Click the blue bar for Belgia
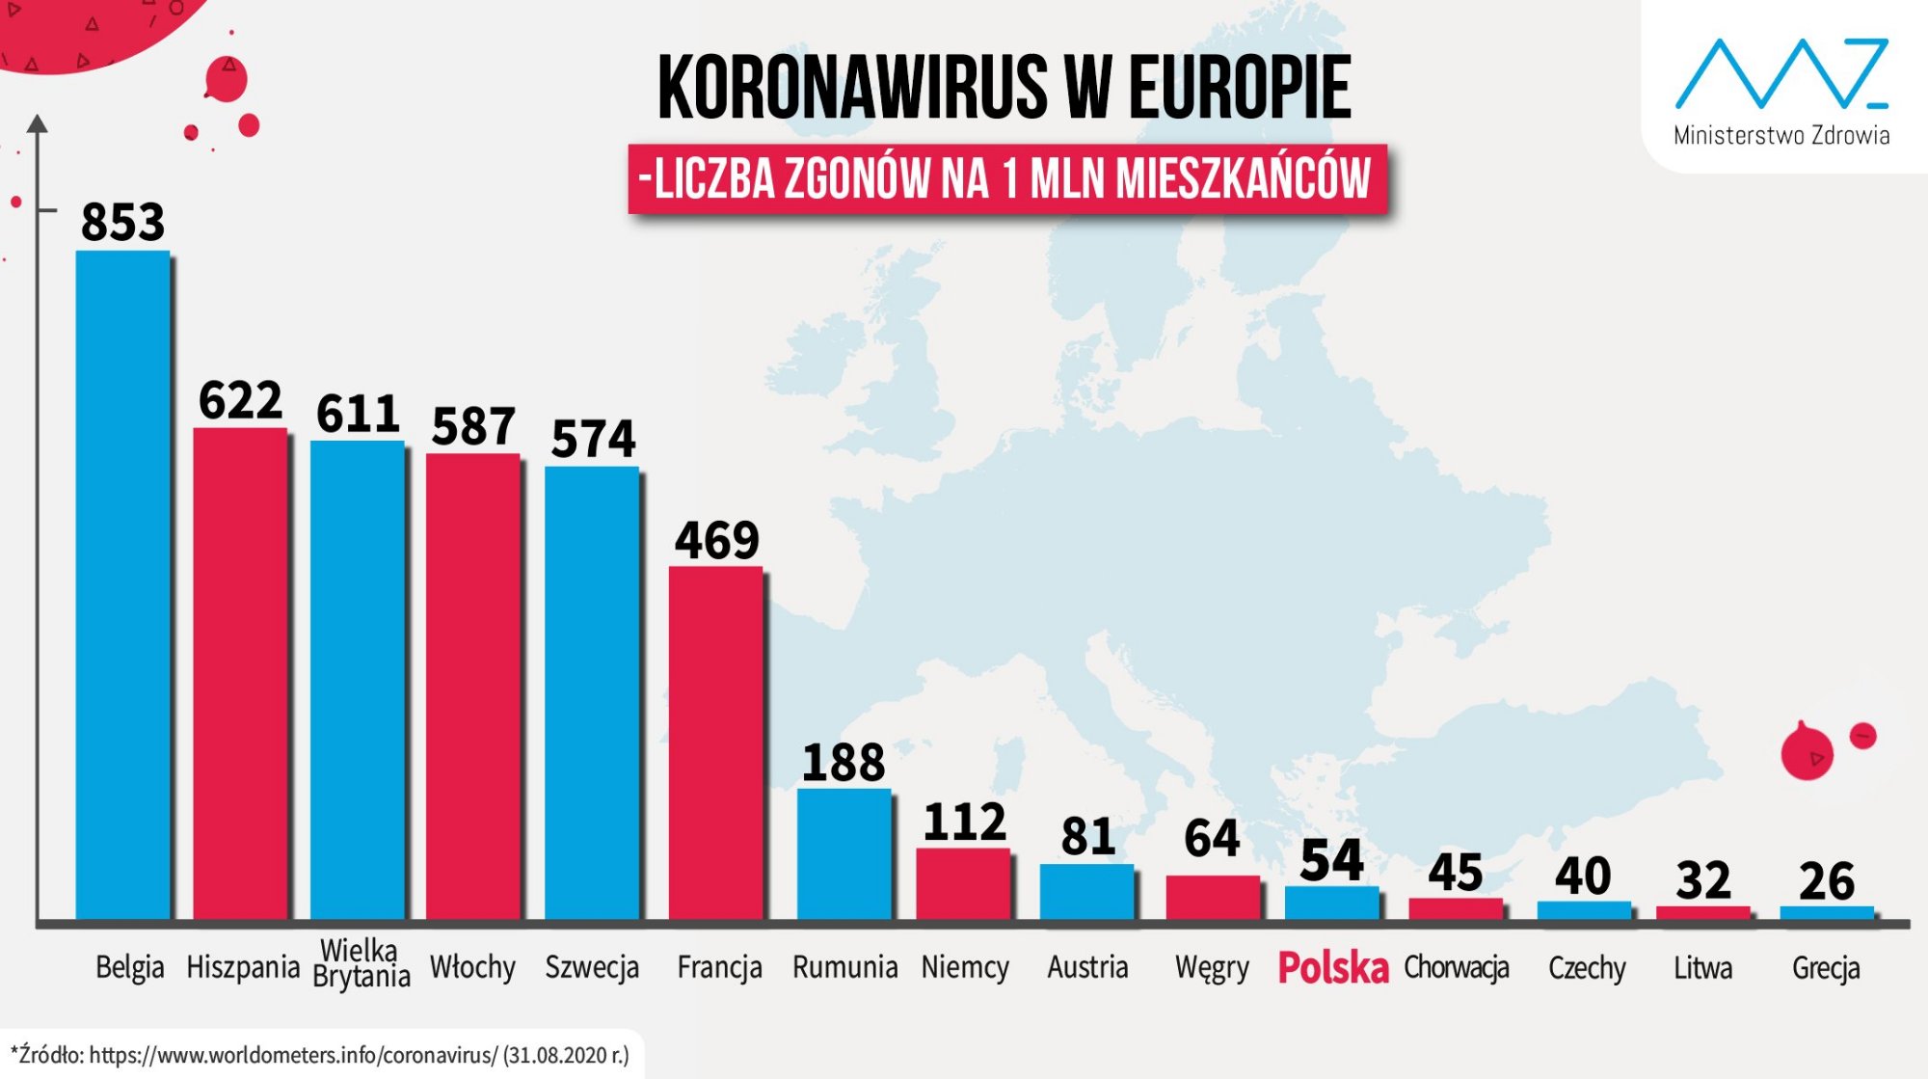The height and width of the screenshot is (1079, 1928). (x=122, y=584)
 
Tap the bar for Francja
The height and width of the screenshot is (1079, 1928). (x=715, y=742)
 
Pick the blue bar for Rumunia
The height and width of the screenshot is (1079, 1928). (x=843, y=853)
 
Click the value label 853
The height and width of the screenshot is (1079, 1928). (x=122, y=222)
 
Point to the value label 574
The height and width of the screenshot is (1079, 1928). (x=593, y=439)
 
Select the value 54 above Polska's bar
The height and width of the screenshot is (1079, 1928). (x=1331, y=859)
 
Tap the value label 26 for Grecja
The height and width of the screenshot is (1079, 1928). (x=1826, y=881)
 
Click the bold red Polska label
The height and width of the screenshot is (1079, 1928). (x=1333, y=967)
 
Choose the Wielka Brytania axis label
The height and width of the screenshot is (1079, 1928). (x=361, y=963)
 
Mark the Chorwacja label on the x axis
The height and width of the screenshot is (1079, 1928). (x=1456, y=967)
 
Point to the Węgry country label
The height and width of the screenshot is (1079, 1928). (x=1212, y=967)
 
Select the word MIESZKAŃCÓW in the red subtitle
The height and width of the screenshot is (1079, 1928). (x=1244, y=178)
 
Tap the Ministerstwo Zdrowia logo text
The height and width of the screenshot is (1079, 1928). (x=1781, y=136)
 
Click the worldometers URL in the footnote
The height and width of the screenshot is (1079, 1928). (x=293, y=1055)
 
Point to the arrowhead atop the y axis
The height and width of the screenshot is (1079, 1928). (x=37, y=123)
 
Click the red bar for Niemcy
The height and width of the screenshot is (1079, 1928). (x=963, y=883)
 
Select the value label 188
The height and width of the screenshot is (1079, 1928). (x=843, y=762)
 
